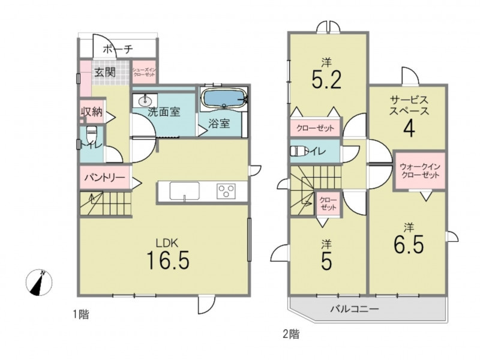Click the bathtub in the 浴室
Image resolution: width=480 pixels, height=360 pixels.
click(x=224, y=98)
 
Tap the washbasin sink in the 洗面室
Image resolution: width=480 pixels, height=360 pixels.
click(x=145, y=100)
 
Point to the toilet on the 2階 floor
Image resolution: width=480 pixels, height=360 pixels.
click(x=299, y=152)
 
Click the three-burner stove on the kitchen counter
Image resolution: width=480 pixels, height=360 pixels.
click(x=226, y=191)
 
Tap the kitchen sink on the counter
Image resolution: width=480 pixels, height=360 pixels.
click(x=184, y=191)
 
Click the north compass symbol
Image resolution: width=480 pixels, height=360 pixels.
click(x=39, y=283)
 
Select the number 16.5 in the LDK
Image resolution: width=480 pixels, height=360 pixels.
click(x=168, y=260)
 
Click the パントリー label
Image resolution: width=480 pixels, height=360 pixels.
click(x=104, y=178)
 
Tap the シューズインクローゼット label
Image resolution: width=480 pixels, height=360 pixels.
click(x=144, y=72)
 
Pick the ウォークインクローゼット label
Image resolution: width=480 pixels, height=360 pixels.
click(x=420, y=171)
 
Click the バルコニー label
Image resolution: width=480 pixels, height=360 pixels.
click(x=354, y=308)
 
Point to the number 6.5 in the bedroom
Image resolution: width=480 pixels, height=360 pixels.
click(x=409, y=244)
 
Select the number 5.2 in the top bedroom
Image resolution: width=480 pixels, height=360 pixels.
click(x=326, y=79)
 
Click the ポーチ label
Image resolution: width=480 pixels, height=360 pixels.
click(x=118, y=49)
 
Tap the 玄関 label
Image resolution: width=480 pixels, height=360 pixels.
click(x=104, y=73)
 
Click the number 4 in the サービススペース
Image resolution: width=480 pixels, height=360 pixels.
click(x=409, y=129)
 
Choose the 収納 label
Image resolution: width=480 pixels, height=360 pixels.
click(x=92, y=112)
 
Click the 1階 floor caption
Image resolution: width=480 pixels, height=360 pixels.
click(x=81, y=314)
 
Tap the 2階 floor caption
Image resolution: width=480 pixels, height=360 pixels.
click(x=291, y=334)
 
